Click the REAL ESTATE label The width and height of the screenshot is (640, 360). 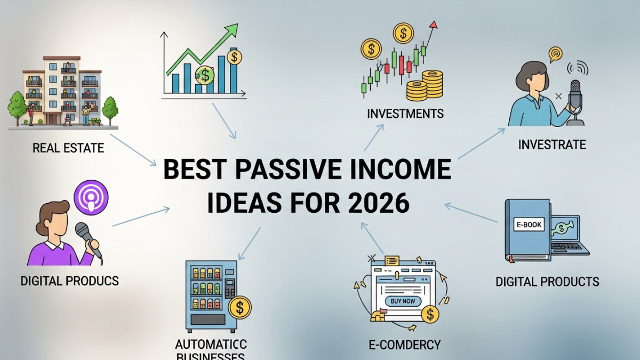click(x=68, y=148)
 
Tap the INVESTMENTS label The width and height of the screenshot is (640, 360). click(x=405, y=114)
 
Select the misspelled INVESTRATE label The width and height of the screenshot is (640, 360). click(x=552, y=144)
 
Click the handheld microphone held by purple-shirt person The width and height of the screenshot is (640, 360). click(x=85, y=234)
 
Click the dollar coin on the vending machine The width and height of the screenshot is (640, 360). click(x=239, y=308)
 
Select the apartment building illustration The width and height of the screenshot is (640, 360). click(x=63, y=91)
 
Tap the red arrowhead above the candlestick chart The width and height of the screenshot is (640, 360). click(x=433, y=25)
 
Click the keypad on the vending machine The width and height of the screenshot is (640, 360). click(x=229, y=289)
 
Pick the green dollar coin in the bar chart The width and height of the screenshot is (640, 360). click(x=205, y=75)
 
